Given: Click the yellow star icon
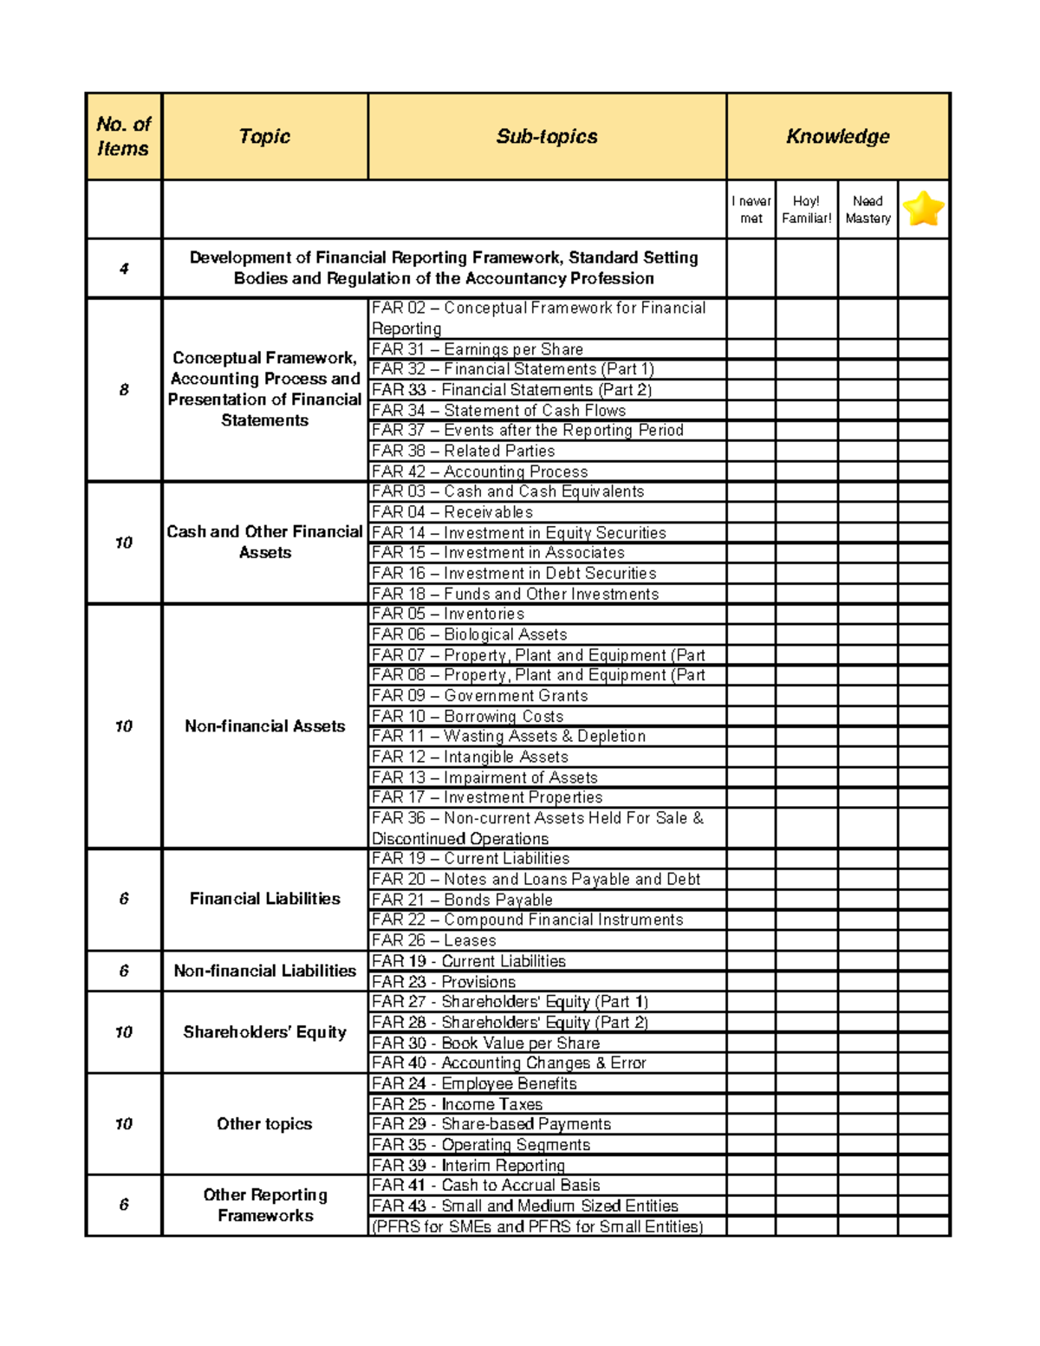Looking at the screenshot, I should click(x=923, y=209).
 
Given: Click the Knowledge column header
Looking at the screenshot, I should click(x=837, y=136).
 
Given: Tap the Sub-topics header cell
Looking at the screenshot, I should click(x=546, y=136).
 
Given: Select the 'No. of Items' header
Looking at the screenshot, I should click(x=123, y=136).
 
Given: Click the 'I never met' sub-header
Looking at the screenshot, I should click(x=751, y=210).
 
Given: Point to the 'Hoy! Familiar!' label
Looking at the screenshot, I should click(x=806, y=210).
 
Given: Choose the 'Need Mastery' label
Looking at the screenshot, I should click(x=868, y=210).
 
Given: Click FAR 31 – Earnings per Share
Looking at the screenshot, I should click(x=477, y=349).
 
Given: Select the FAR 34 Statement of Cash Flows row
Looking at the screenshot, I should click(x=498, y=410).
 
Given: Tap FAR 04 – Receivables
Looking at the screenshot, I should click(x=452, y=512).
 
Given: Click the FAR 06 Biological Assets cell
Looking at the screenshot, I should click(x=469, y=634).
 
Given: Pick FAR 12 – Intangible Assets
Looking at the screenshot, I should click(x=470, y=757).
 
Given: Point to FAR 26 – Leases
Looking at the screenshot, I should click(x=433, y=940).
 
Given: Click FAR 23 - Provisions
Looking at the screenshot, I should click(x=443, y=982).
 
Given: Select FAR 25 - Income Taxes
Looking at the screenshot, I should click(x=457, y=1104).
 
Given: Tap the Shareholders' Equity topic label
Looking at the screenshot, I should click(x=264, y=1032).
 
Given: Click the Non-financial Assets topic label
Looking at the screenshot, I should click(x=264, y=726).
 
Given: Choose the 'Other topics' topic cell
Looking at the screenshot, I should click(x=264, y=1124).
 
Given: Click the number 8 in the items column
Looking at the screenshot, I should click(x=124, y=390).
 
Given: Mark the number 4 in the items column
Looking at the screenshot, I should click(x=124, y=269).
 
